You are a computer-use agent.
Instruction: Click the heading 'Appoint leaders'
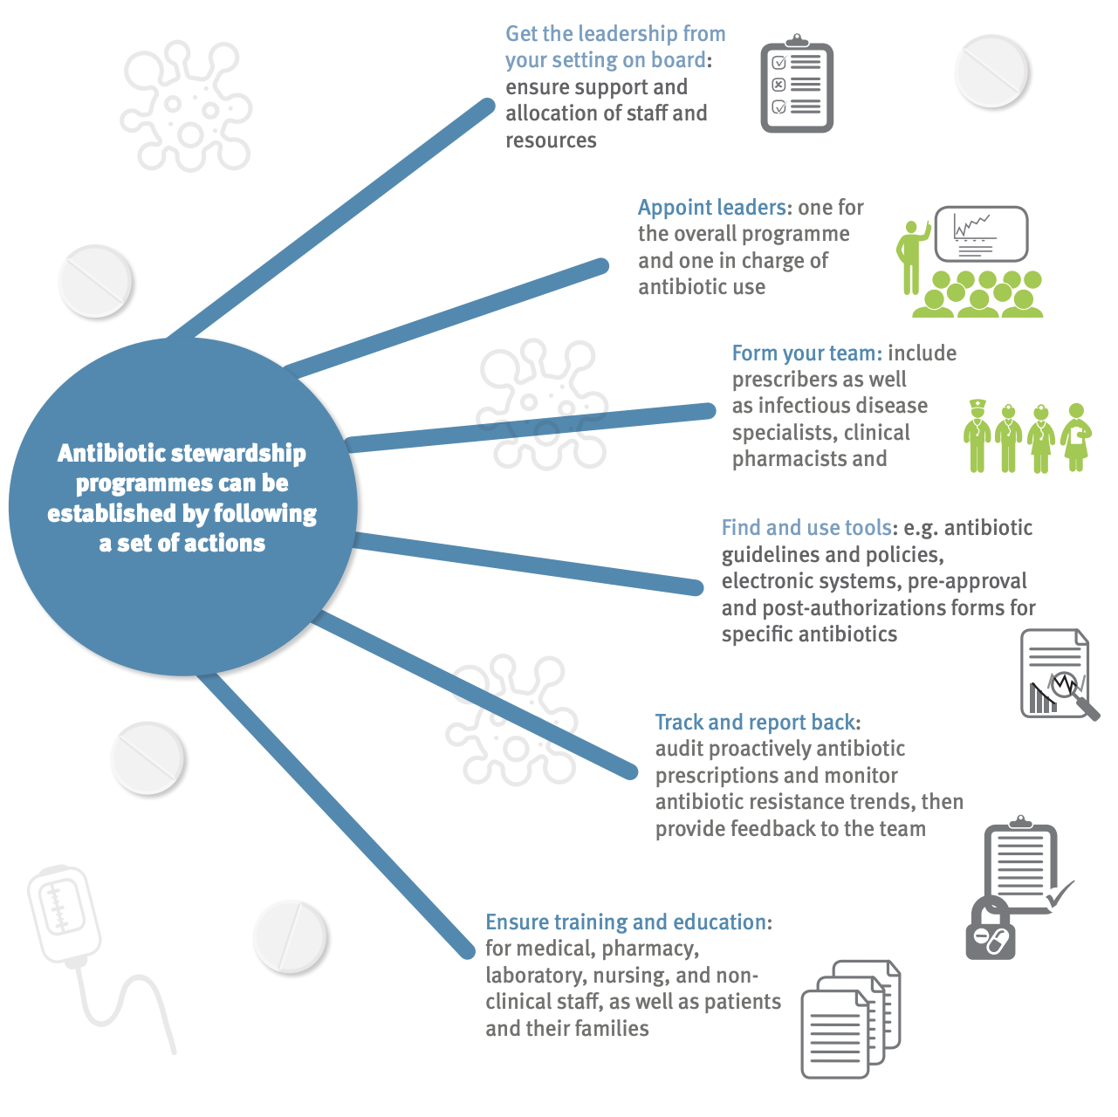[x=712, y=208]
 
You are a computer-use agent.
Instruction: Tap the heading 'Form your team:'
[x=807, y=353]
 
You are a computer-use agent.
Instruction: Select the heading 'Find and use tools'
[x=806, y=527]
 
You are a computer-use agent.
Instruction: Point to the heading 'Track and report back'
[x=755, y=722]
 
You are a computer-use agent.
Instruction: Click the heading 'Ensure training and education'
[x=626, y=922]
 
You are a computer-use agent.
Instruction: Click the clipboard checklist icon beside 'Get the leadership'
[x=797, y=84]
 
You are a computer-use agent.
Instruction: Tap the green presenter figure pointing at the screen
[x=913, y=257]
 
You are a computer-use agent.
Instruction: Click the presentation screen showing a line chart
[x=981, y=234]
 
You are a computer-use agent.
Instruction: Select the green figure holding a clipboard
[x=1076, y=436]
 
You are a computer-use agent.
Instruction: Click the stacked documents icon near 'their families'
[x=851, y=1019]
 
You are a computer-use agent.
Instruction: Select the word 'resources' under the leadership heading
[x=551, y=140]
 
